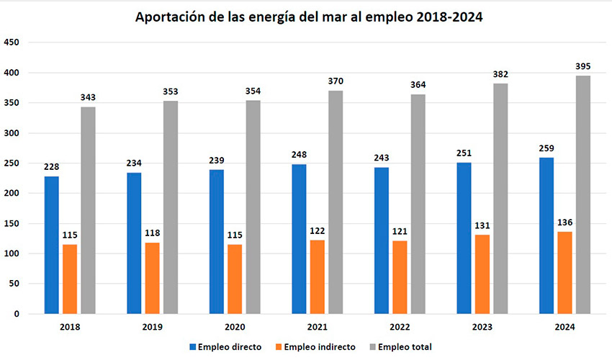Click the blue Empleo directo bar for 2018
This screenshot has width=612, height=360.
(x=51, y=245)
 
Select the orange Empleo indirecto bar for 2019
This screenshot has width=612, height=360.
(x=152, y=278)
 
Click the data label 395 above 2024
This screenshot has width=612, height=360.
(x=583, y=66)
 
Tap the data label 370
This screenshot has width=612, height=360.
(x=336, y=81)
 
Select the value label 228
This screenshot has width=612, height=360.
(x=51, y=167)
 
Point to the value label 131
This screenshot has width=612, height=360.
(x=482, y=225)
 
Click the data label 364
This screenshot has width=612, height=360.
(x=418, y=85)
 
